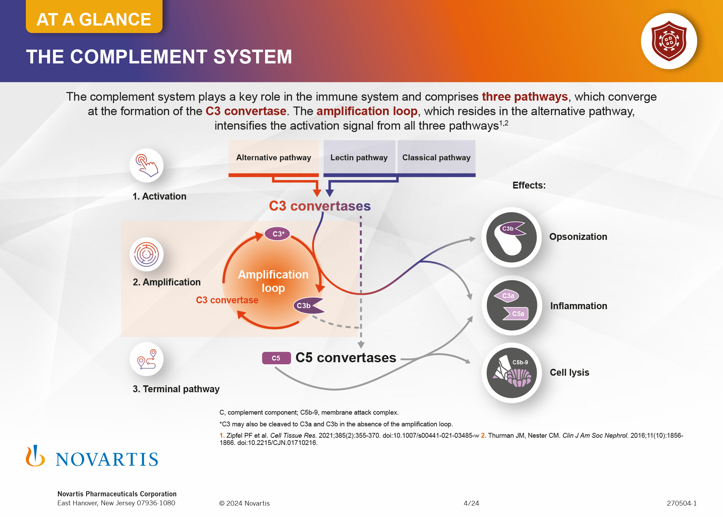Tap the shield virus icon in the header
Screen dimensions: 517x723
tap(669, 41)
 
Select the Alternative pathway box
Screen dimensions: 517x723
tap(274, 158)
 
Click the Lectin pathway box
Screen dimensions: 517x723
tap(359, 158)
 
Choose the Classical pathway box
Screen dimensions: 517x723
tap(436, 158)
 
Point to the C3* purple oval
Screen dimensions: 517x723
tap(277, 234)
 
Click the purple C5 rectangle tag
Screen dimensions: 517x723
tap(276, 358)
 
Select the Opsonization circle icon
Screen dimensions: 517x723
tap(512, 237)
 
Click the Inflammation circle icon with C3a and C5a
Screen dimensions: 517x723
tap(512, 305)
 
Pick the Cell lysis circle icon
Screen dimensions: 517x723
tap(512, 373)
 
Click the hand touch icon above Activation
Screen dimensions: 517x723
tap(147, 165)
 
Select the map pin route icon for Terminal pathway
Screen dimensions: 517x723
tap(147, 359)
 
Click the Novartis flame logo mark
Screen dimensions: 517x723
tap(35, 456)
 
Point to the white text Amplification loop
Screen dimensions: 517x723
tap(273, 281)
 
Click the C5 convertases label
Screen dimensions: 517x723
tap(346, 358)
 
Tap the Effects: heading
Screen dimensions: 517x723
tap(529, 185)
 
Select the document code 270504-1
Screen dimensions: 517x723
tap(681, 503)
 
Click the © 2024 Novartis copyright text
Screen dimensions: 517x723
tap(244, 503)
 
